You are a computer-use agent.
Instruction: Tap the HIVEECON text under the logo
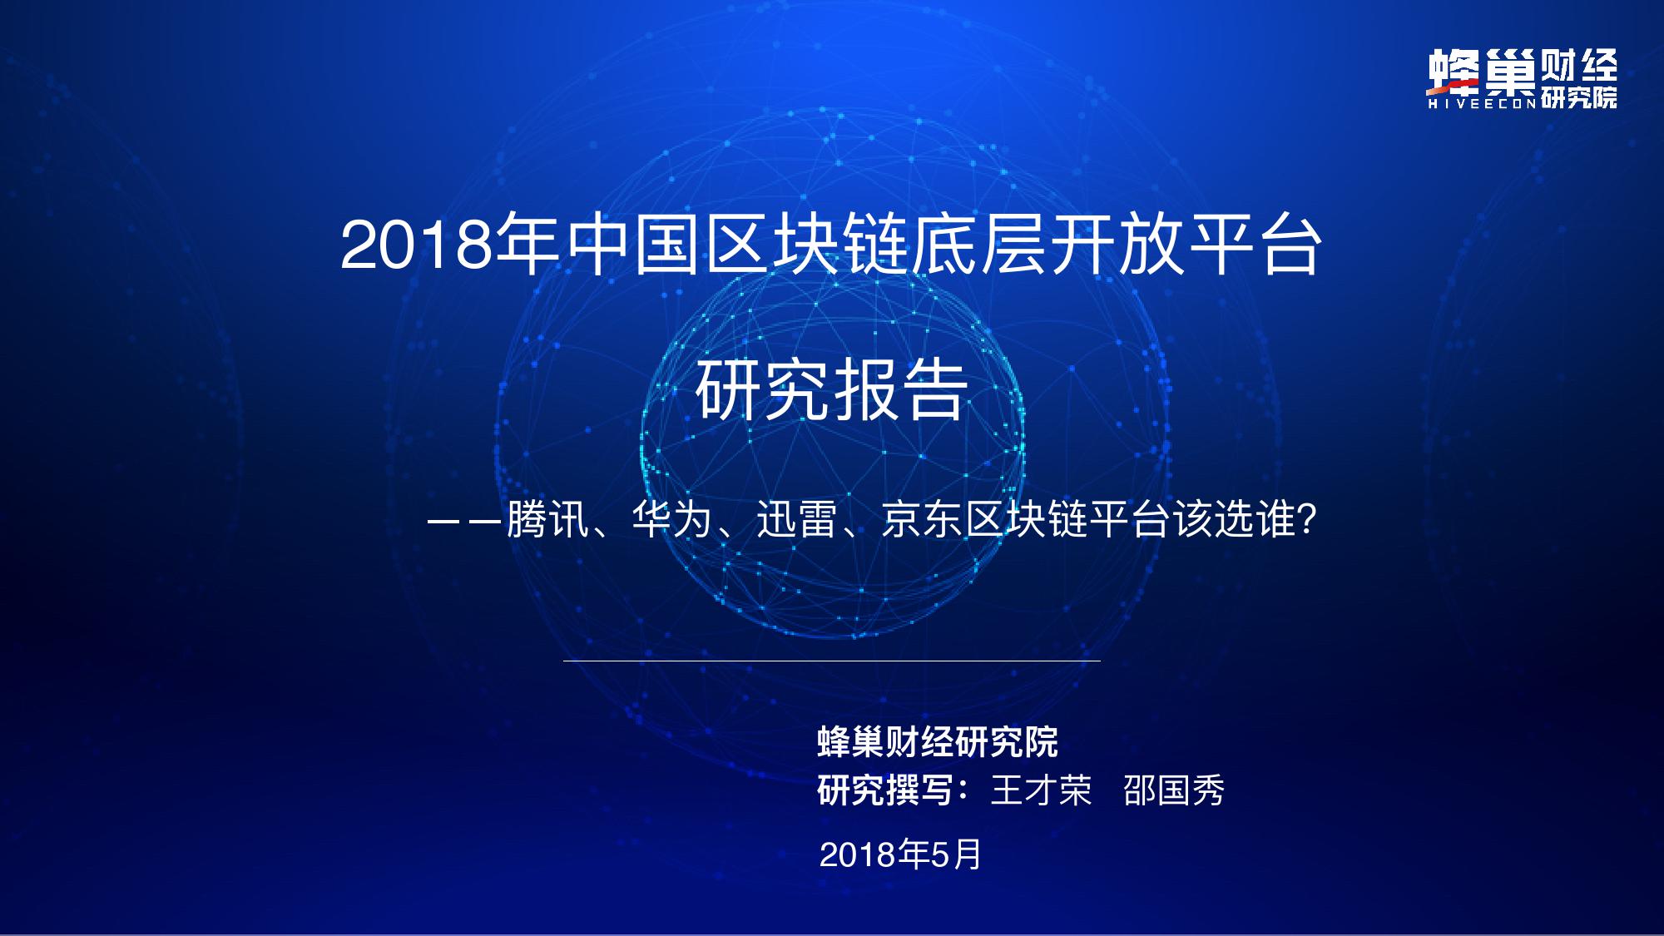pyautogui.click(x=1482, y=104)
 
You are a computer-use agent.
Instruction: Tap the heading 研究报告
pyautogui.click(x=831, y=389)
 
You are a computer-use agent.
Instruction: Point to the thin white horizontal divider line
pyautogui.click(x=831, y=661)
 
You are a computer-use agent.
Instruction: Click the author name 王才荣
pyautogui.click(x=1041, y=790)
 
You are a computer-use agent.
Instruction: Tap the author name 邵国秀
pyautogui.click(x=1173, y=790)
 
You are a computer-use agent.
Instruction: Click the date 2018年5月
pyautogui.click(x=900, y=854)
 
